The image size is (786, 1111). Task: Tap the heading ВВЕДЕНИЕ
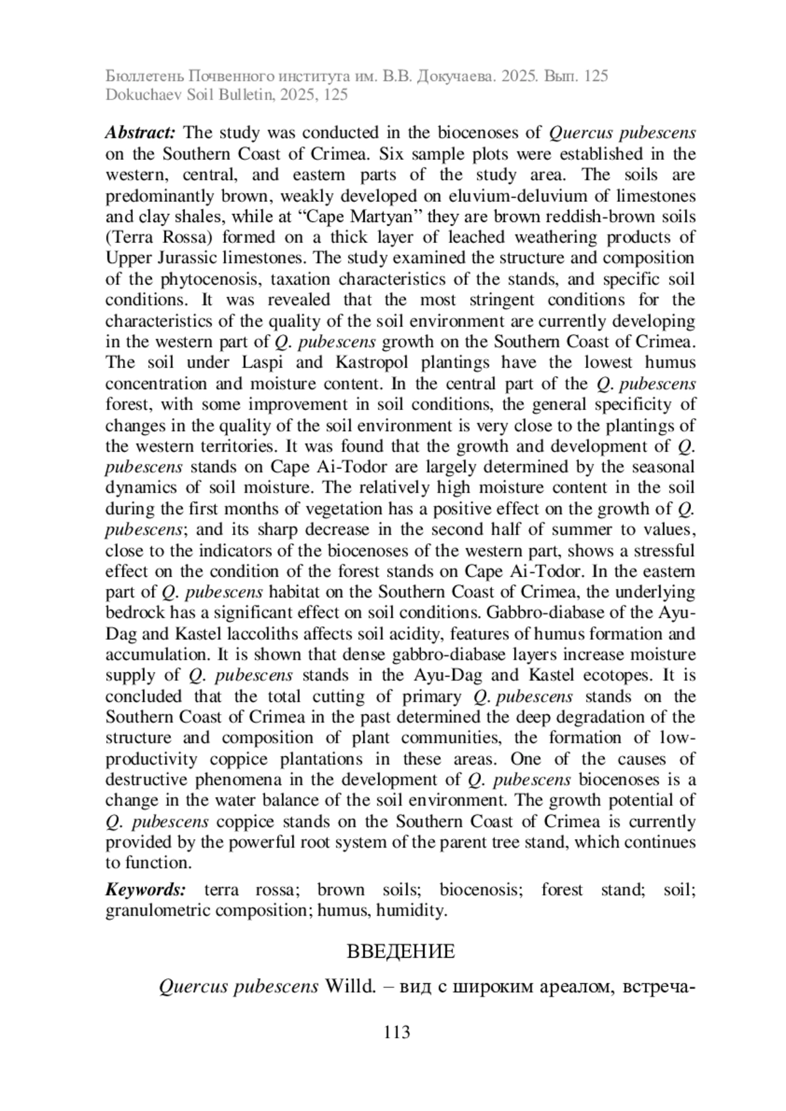point(400,951)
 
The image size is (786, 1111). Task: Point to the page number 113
point(397,1032)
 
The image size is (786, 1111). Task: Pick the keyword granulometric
point(158,911)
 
